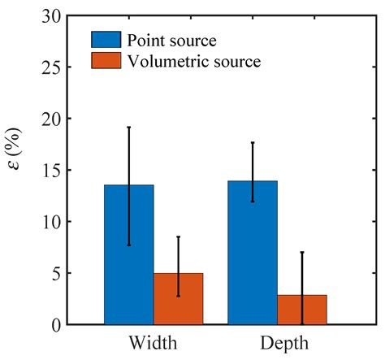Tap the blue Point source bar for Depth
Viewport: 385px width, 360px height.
(252, 252)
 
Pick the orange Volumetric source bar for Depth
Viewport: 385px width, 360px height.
(301, 310)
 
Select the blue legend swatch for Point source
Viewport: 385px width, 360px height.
(103, 40)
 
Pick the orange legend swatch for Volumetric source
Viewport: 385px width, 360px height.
(103, 59)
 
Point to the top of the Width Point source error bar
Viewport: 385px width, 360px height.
(128, 128)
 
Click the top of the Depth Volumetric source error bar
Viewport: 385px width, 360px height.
(301, 252)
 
